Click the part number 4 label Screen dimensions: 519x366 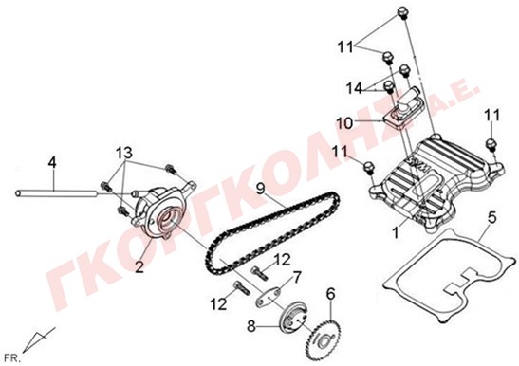[x=52, y=163]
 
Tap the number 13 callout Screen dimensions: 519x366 [x=123, y=154]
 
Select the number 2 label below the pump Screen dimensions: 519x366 [x=139, y=266]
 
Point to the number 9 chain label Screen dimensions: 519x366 [x=261, y=190]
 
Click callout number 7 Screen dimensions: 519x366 [x=296, y=277]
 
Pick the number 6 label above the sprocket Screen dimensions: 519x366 [x=330, y=294]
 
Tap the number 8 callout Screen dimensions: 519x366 [x=251, y=327]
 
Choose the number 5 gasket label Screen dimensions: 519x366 [x=492, y=218]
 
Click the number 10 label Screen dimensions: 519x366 [x=345, y=124]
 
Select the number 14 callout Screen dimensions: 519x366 [x=355, y=88]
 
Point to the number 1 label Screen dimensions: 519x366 [x=396, y=232]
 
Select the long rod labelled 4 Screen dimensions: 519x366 [x=56, y=193]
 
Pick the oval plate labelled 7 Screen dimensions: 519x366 [x=268, y=297]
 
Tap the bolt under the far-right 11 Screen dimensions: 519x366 [x=491, y=144]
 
